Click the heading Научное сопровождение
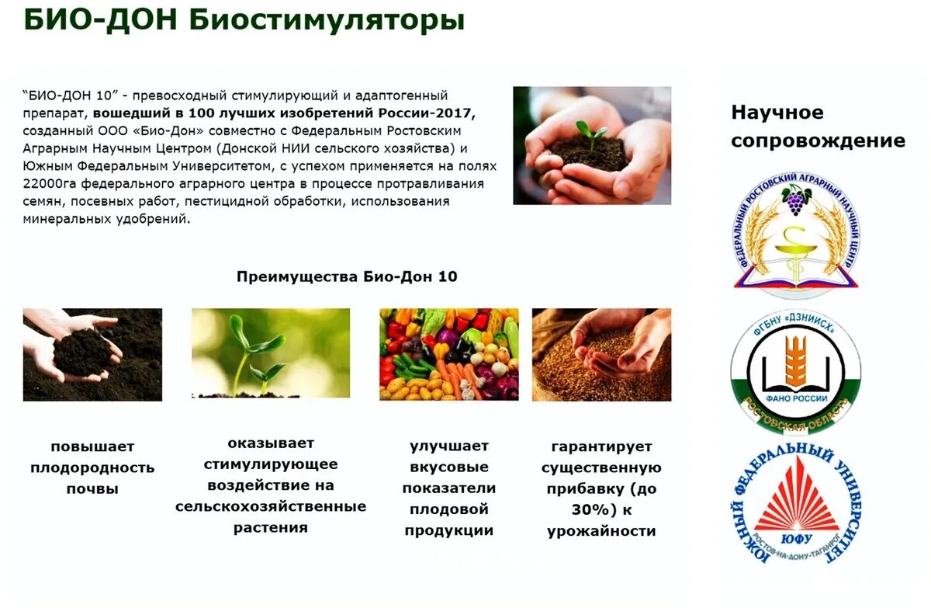pyautogui.click(x=818, y=126)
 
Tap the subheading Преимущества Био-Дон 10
pyautogui.click(x=347, y=276)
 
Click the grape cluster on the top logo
pyautogui.click(x=796, y=201)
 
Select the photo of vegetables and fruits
pyautogui.click(x=449, y=354)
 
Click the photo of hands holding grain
pyautogui.click(x=601, y=354)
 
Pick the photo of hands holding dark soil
pyautogui.click(x=92, y=354)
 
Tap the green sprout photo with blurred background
pyautogui.click(x=271, y=354)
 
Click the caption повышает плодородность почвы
pyautogui.click(x=92, y=467)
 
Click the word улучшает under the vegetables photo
pyautogui.click(x=449, y=446)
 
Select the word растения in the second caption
pyautogui.click(x=271, y=528)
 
